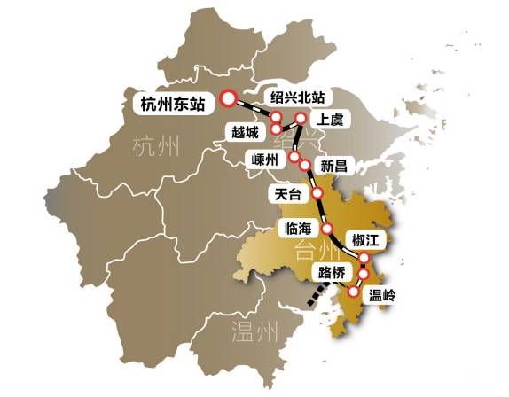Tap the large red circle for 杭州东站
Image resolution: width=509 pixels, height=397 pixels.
228,98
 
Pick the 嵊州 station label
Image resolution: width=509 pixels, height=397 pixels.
265,160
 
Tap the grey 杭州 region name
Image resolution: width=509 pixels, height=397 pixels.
154,145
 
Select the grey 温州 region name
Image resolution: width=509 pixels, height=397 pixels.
255,333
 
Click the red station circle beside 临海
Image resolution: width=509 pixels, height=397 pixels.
326,229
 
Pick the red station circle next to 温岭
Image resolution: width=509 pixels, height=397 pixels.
355,292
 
